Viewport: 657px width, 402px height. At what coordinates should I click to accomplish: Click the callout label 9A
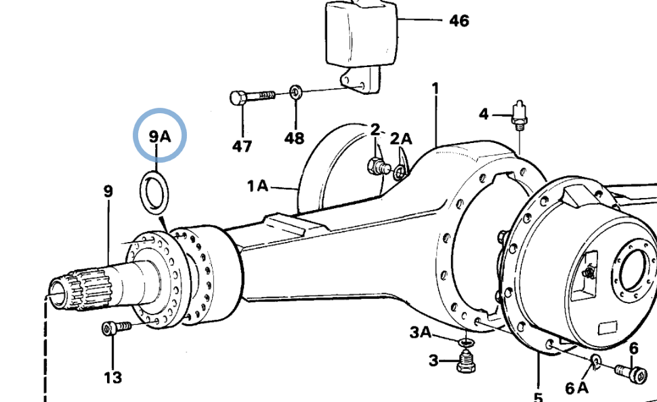click(x=160, y=136)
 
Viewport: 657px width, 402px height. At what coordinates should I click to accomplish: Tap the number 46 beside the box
click(x=459, y=20)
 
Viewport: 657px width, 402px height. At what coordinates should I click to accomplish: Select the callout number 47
click(x=242, y=146)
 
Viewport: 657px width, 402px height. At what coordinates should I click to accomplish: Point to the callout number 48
click(x=294, y=138)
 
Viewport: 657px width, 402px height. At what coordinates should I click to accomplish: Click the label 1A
click(x=257, y=186)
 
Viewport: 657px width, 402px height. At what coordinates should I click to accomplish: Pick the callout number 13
click(x=113, y=378)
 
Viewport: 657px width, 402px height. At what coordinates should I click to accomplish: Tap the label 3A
click(x=420, y=332)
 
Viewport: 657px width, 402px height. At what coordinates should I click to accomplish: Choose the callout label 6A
click(x=576, y=388)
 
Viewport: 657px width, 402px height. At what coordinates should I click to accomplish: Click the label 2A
click(x=401, y=138)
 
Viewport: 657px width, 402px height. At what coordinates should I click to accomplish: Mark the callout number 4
click(x=484, y=114)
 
